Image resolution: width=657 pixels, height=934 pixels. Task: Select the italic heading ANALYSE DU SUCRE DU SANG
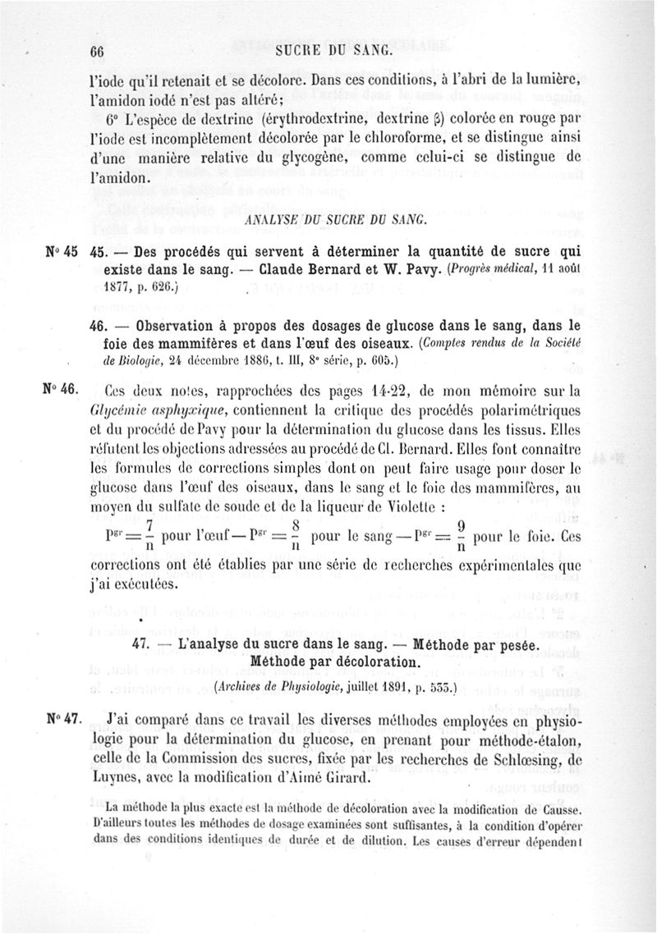(327, 220)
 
